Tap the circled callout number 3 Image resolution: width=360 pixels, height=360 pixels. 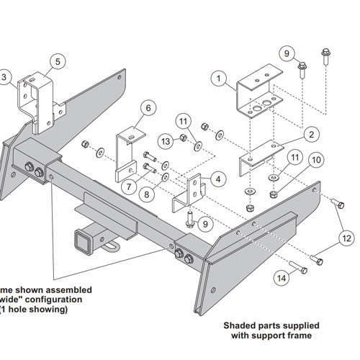[x=5, y=77]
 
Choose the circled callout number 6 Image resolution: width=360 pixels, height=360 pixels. [x=148, y=109]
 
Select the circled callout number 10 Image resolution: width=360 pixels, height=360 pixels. [x=315, y=160]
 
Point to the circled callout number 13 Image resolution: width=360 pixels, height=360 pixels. [x=165, y=139]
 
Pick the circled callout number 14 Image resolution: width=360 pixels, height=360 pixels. [x=281, y=276]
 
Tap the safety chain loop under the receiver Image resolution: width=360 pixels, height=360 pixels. [x=111, y=248]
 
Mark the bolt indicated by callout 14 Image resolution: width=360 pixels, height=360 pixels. [x=302, y=270]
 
